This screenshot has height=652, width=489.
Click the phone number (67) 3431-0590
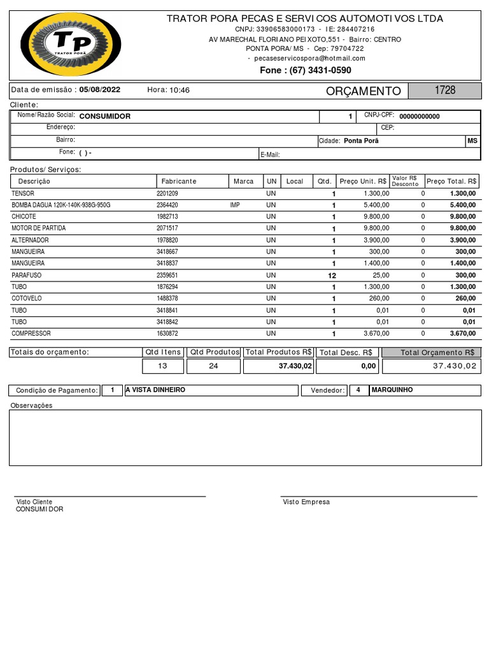pyautogui.click(x=305, y=70)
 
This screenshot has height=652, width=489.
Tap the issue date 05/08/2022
pyautogui.click(x=101, y=90)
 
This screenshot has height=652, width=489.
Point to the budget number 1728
pyautogui.click(x=444, y=90)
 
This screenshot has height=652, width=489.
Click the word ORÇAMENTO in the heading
pyautogui.click(x=363, y=91)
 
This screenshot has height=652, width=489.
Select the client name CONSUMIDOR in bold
pyautogui.click(x=104, y=117)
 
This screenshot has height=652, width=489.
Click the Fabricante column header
pyautogui.click(x=179, y=181)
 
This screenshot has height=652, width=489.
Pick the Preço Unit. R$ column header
pyautogui.click(x=363, y=181)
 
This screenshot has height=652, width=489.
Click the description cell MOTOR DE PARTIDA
pyautogui.click(x=39, y=228)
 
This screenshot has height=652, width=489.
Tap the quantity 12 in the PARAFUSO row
pyautogui.click(x=331, y=276)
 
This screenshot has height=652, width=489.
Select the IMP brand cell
pyautogui.click(x=235, y=205)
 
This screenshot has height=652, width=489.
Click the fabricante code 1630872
pyautogui.click(x=167, y=334)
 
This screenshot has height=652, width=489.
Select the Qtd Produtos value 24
pyautogui.click(x=213, y=366)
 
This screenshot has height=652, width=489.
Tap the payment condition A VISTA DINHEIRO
pyautogui.click(x=155, y=390)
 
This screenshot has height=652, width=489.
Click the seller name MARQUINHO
pyautogui.click(x=392, y=390)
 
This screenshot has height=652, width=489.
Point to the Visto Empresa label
pyautogui.click(x=306, y=502)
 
